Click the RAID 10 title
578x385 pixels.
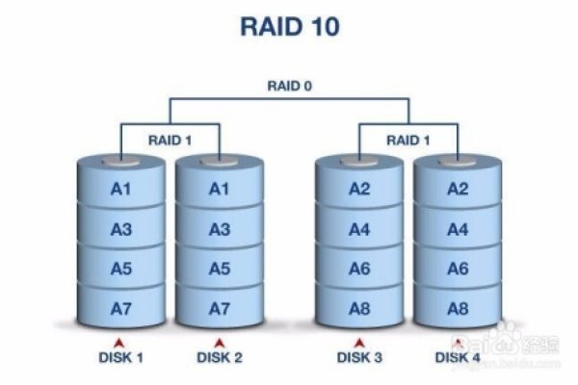coord(290,26)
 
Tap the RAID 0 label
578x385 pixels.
coord(290,85)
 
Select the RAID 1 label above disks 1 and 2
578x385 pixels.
coord(171,140)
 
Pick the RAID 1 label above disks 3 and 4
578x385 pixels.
coord(408,140)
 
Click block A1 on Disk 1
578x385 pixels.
coord(120,189)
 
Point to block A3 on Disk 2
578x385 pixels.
coord(220,229)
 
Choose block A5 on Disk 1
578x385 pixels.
coord(120,269)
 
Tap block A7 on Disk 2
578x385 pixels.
coord(220,308)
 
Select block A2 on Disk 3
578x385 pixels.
coord(359,189)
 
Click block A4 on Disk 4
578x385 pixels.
coord(459,229)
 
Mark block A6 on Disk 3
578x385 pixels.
coord(359,269)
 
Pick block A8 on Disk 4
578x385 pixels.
coord(459,308)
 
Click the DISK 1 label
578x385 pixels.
coord(120,358)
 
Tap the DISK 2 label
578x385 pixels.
coord(220,358)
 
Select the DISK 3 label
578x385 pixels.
coord(359,358)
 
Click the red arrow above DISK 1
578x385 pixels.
coord(120,342)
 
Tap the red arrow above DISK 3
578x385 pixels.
coord(359,342)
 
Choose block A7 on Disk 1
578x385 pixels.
coord(120,308)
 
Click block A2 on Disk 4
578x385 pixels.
coord(459,189)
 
